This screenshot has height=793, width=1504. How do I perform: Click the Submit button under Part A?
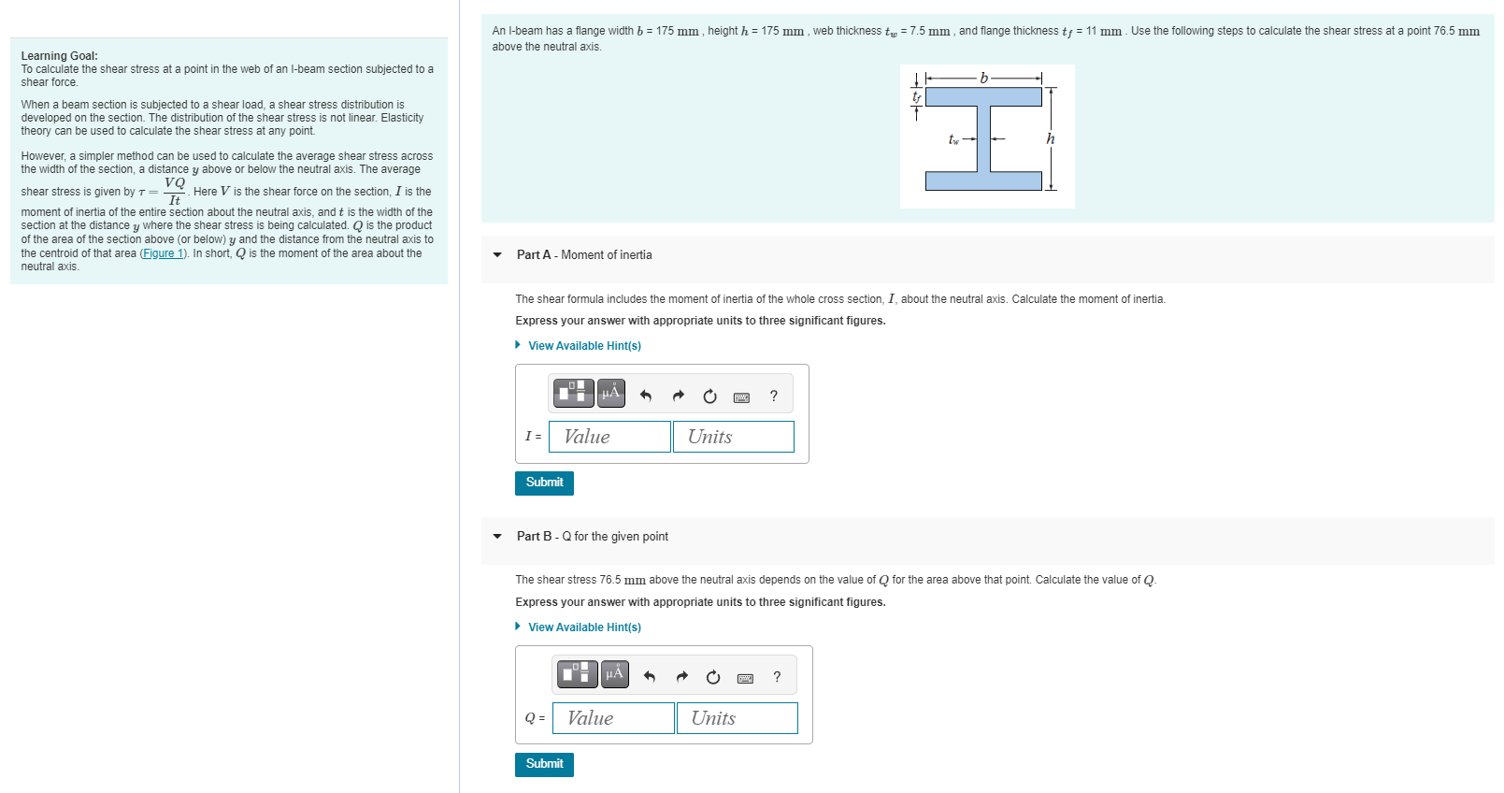[544, 483]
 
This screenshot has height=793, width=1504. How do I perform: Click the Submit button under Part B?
[544, 764]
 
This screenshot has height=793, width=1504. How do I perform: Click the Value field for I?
[609, 437]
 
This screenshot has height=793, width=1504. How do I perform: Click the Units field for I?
[733, 437]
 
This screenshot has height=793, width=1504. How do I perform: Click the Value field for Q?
[613, 718]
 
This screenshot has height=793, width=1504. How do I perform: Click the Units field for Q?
[737, 718]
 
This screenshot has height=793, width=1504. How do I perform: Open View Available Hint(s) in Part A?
[583, 346]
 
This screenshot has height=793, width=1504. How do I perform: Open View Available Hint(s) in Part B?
[583, 627]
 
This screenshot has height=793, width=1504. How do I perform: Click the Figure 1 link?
[164, 253]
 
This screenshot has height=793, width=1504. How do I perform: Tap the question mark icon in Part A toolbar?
[773, 396]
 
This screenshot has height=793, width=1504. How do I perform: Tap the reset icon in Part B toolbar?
[713, 677]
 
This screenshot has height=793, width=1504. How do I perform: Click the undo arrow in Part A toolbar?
[645, 396]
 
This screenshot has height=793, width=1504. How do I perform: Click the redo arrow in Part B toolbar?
[681, 677]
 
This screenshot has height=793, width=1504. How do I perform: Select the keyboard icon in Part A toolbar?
[741, 397]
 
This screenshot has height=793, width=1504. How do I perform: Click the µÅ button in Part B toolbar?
[614, 673]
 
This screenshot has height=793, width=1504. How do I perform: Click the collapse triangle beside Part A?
[497, 255]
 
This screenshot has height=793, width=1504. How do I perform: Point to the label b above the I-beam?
[983, 79]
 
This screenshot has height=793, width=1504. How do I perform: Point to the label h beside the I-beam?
[1051, 138]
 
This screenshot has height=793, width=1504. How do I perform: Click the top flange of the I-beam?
[983, 96]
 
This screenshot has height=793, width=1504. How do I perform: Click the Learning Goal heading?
[59, 56]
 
